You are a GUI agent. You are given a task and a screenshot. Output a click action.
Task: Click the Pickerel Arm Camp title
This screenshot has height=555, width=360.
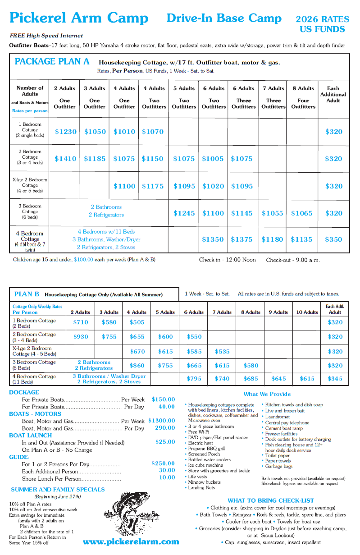[79, 18]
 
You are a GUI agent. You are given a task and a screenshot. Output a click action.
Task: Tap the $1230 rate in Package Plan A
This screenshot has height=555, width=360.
[66, 132]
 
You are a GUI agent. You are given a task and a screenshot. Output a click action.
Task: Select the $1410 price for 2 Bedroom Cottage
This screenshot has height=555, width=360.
[66, 159]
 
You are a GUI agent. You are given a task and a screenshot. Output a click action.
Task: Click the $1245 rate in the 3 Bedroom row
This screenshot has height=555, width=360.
[184, 213]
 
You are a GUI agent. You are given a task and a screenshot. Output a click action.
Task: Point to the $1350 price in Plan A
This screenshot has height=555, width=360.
[213, 239]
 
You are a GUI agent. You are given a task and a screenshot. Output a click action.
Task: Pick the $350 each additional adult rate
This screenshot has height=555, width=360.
[334, 239]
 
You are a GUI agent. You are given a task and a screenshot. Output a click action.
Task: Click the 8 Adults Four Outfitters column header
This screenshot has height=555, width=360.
[303, 97]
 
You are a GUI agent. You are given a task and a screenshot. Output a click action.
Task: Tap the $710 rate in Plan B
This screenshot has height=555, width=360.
[81, 322]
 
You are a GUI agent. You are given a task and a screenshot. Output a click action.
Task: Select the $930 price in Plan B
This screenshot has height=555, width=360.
[81, 337]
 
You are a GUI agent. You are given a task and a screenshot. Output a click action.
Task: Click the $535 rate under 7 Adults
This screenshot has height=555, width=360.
[222, 352]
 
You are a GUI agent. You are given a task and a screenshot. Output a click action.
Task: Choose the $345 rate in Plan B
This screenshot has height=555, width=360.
[335, 379]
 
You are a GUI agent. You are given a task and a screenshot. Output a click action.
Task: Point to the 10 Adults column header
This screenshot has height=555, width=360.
[307, 312]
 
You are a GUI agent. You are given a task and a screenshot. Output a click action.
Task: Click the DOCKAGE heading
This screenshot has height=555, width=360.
[24, 392]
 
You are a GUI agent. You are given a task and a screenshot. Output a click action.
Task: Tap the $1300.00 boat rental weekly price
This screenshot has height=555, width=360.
[161, 421]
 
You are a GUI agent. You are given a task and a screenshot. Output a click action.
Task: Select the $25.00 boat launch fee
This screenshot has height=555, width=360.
[165, 442]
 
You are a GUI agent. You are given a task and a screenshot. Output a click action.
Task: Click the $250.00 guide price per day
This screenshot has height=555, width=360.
[163, 463]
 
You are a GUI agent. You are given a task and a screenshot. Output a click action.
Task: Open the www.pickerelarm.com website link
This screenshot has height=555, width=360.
[131, 541]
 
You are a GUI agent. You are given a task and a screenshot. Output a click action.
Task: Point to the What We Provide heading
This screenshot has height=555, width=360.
[267, 394]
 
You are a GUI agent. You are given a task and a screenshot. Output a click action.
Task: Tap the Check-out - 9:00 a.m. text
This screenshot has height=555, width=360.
[293, 260]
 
